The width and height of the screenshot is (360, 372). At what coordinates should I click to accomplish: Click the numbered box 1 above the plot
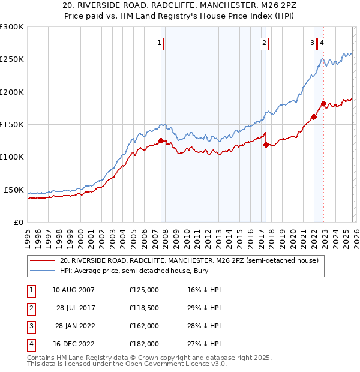(x=160, y=43)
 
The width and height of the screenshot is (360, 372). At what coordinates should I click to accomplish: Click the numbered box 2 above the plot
(x=265, y=43)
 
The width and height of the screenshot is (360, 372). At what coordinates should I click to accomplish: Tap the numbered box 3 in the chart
(x=313, y=43)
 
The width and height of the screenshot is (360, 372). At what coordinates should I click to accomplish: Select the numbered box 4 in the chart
(x=322, y=43)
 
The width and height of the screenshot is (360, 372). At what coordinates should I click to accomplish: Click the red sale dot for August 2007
(x=161, y=141)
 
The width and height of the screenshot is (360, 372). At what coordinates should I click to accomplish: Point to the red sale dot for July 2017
(x=266, y=145)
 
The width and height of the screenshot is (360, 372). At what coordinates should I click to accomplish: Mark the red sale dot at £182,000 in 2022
(x=323, y=104)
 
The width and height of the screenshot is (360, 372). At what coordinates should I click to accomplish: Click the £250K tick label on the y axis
(x=12, y=59)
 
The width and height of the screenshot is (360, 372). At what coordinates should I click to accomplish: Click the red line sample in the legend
(x=42, y=260)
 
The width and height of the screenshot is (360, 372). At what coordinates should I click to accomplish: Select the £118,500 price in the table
(x=144, y=308)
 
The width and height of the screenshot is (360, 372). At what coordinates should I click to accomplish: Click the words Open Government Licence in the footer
(x=175, y=364)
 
